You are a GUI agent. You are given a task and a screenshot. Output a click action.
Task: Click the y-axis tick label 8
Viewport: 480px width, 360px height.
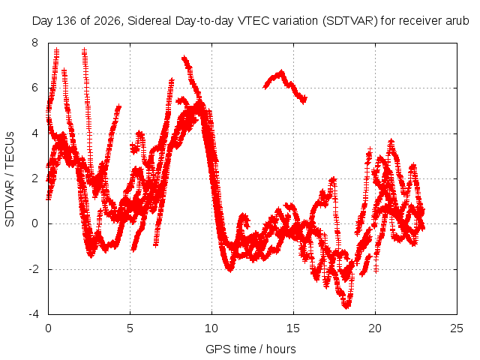click(x=35, y=43)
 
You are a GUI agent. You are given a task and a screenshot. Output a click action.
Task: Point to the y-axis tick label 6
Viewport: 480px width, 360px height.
click(x=35, y=88)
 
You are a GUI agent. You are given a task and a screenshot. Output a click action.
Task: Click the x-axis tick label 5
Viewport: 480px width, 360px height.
click(x=130, y=328)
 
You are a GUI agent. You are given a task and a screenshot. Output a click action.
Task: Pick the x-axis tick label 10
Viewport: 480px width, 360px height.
click(x=211, y=328)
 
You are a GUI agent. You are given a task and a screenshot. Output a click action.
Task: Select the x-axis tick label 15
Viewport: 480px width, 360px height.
click(x=293, y=328)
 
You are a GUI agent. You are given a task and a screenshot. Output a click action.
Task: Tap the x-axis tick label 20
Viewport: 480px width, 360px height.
click(x=375, y=328)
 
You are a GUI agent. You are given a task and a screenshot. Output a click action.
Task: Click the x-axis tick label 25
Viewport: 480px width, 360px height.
click(x=457, y=328)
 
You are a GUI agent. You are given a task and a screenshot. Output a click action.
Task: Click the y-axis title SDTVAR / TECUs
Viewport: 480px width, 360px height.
click(x=10, y=179)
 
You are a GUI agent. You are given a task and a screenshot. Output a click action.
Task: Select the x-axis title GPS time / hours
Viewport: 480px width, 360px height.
click(x=250, y=349)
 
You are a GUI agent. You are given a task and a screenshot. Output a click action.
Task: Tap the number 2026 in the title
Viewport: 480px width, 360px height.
click(x=106, y=21)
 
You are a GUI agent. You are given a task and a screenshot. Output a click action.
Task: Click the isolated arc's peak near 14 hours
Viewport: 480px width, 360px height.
click(x=281, y=72)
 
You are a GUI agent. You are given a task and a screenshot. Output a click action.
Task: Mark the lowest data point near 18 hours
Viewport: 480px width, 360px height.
click(x=346, y=306)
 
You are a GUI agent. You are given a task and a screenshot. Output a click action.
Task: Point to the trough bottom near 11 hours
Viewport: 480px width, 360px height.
click(x=230, y=270)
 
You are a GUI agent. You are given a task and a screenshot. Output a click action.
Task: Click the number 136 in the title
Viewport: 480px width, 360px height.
click(x=66, y=21)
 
